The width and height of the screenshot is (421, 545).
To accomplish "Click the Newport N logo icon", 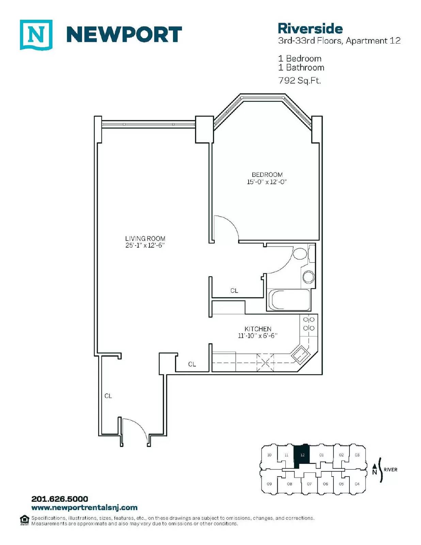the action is pyautogui.click(x=36, y=35).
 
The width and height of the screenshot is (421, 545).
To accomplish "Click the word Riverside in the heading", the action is pyautogui.click(x=310, y=28).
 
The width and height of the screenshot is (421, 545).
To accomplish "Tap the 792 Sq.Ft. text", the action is pyautogui.click(x=300, y=80).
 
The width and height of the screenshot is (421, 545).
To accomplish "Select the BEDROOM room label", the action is pyautogui.click(x=267, y=174).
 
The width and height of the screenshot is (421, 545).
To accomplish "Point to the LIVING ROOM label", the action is pyautogui.click(x=145, y=238).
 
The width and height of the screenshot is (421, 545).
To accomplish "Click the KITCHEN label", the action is pyautogui.click(x=258, y=329).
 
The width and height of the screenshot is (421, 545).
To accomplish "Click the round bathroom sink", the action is pyautogui.click(x=308, y=277).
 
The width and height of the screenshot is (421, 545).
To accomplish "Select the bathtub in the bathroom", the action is pyautogui.click(x=289, y=300).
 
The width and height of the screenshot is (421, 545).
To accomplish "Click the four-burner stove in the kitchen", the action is pyautogui.click(x=309, y=324).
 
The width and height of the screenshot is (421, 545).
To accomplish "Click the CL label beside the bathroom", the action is pyautogui.click(x=234, y=291).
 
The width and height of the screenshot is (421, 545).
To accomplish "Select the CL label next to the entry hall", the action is pyautogui.click(x=108, y=396).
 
